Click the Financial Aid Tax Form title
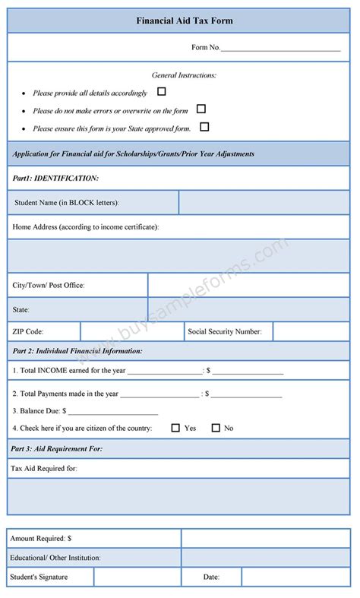tap(179, 21)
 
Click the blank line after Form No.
tap(280, 49)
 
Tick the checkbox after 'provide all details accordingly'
tap(161, 92)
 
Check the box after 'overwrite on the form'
tap(201, 109)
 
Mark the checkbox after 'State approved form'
tap(204, 127)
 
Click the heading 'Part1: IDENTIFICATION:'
tap(55, 178)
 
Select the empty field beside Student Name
tap(264, 203)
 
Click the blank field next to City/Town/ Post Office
tap(248, 285)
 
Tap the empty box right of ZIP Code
tap(131, 331)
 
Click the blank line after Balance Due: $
tap(113, 411)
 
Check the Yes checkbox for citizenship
tap(175, 428)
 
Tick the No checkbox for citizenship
tap(216, 428)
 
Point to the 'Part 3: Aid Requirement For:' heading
tap(57, 449)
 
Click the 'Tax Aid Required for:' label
tap(44, 468)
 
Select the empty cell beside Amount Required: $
tap(265, 538)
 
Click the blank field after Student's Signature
tap(137, 577)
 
